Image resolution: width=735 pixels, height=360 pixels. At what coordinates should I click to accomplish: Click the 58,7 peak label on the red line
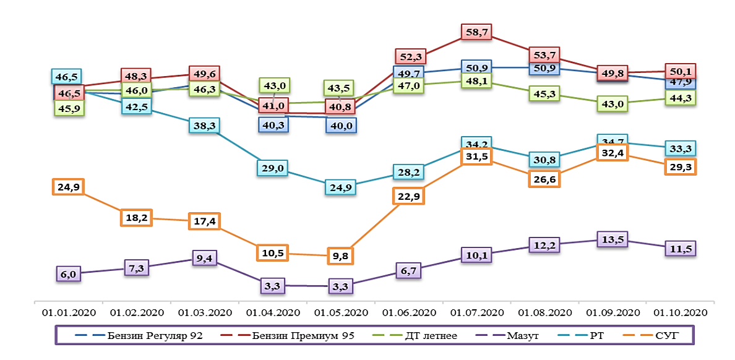coord(476,32)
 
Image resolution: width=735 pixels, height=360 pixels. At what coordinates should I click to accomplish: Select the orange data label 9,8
coord(341,254)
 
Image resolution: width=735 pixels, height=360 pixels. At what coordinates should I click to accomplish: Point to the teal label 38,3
coord(205,126)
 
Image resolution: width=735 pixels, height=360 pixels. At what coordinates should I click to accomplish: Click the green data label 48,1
coord(476,81)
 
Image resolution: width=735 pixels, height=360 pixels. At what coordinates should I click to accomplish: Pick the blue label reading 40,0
coord(341,124)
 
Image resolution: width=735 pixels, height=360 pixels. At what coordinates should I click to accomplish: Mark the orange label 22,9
coord(408,197)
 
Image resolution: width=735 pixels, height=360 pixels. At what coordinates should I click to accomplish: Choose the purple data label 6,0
coord(68,273)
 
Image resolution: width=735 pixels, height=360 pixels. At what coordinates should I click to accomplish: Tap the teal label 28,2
coord(408,172)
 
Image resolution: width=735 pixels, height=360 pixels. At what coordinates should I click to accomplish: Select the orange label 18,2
coord(136,218)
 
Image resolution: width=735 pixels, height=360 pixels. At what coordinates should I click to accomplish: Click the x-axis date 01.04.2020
coord(273,312)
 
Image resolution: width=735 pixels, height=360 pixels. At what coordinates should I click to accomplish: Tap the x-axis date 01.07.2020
coord(476,312)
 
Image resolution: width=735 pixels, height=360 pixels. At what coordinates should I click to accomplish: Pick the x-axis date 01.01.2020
coord(69,312)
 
